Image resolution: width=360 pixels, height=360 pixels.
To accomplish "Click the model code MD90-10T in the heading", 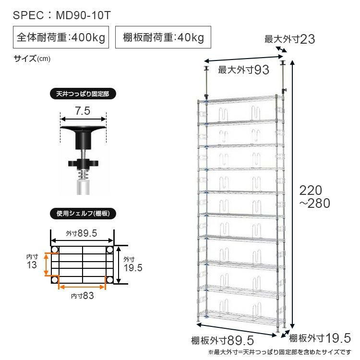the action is coord(84,15).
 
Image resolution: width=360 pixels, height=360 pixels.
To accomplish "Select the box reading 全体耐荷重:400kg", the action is coord(61,37).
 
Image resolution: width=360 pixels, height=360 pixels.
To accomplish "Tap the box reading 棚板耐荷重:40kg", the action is coord(163,37).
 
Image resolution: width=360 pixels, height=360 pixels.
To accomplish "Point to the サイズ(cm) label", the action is coord(32,59).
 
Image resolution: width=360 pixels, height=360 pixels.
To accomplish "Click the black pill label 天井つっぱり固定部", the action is coord(83,94).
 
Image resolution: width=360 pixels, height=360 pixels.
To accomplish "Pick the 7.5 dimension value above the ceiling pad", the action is coord(83,111).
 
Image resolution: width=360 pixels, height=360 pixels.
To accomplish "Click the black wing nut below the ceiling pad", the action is coord(83,163).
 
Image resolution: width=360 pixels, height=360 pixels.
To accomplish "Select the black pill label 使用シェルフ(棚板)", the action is coord(83,214).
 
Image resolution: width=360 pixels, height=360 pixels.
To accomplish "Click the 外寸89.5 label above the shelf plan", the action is coord(82,233).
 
